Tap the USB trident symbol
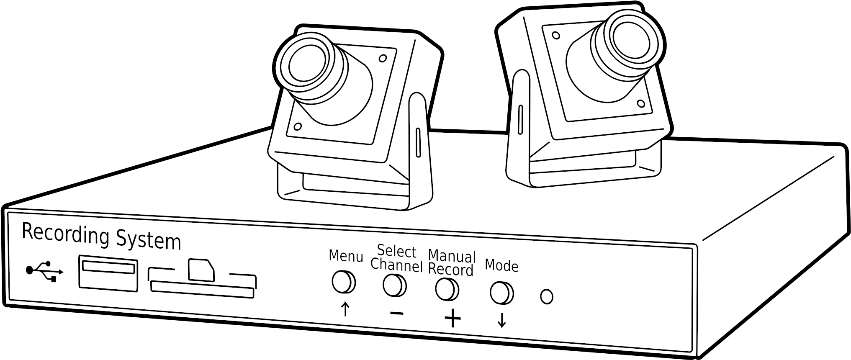[45, 271]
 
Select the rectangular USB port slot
[108, 272]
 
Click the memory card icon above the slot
[201, 270]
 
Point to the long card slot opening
[203, 290]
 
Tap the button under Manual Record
[447, 289]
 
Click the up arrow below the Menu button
[345, 309]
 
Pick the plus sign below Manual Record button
[452, 319]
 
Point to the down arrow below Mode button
[501, 321]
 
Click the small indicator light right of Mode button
[547, 296]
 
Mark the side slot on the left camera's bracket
[417, 143]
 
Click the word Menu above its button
[345, 255]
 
